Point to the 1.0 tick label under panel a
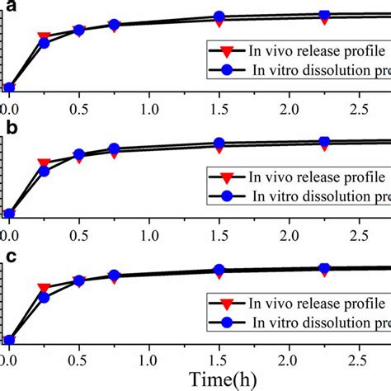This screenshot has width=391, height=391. pos(148,108)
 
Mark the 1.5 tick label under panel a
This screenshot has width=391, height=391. pos(219,108)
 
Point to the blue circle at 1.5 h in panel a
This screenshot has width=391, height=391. pos(219,16)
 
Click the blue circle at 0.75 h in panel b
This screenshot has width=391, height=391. pos(114,149)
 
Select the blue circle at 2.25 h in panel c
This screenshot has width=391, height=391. pos(324,268)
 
